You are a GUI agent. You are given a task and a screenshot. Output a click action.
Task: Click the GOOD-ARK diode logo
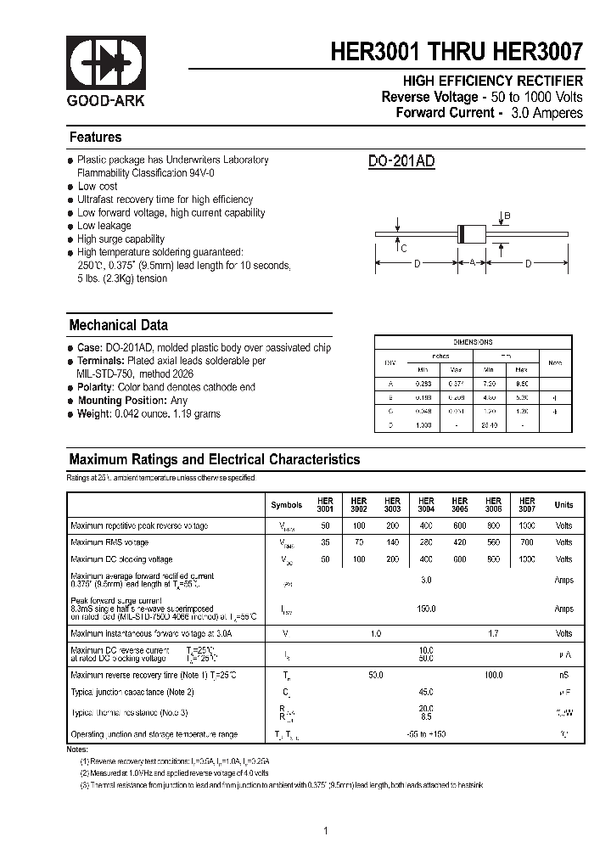pos(106,64)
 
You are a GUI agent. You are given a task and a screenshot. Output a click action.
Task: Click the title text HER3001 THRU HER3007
pos(457,53)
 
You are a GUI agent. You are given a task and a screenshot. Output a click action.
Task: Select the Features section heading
pos(95,138)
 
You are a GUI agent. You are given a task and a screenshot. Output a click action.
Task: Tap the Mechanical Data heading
pos(118,325)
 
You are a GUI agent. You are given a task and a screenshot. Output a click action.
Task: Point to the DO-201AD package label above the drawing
pos(401,162)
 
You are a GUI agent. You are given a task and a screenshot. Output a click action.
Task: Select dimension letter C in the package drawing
pos(404,249)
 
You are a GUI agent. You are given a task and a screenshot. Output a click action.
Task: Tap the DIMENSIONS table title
pos(473,341)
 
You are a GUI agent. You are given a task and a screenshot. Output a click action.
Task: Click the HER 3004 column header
pos(426,505)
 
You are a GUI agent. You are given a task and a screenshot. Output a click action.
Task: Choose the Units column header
pos(563,505)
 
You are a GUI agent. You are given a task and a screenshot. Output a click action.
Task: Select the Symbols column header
pos(286,505)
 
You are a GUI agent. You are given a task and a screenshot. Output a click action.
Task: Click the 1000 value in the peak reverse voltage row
pos(527,526)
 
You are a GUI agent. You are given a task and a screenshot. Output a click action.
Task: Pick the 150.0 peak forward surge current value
pos(426,609)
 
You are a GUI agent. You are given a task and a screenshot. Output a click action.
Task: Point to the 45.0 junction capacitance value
pos(426,691)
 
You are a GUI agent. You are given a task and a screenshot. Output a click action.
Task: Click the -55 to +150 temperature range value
pos(426,733)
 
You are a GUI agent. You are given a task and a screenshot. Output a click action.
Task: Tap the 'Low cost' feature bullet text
pos(98,186)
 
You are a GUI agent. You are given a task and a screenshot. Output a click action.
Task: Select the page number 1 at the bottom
pos(326,830)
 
